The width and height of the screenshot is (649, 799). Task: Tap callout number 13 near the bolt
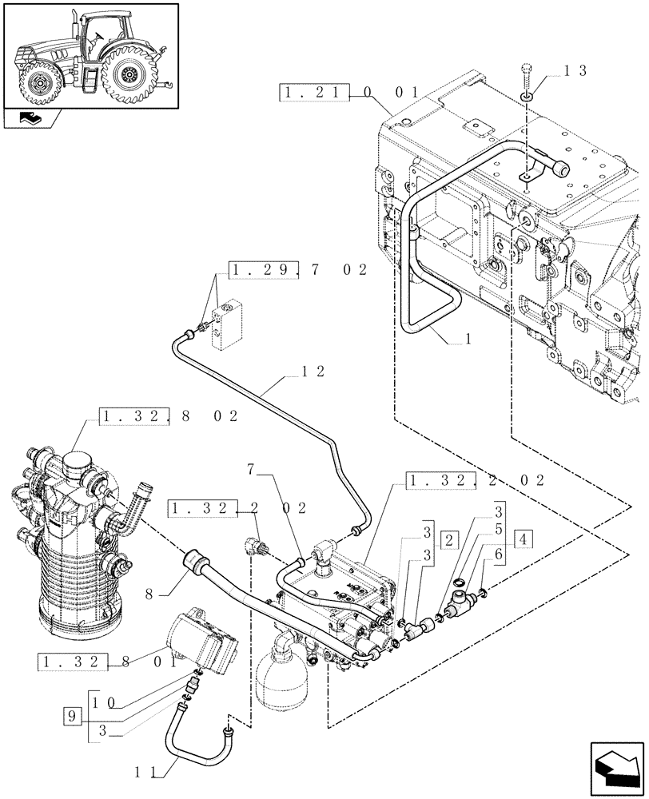575,70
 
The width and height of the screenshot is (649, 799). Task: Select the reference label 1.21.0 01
350,93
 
